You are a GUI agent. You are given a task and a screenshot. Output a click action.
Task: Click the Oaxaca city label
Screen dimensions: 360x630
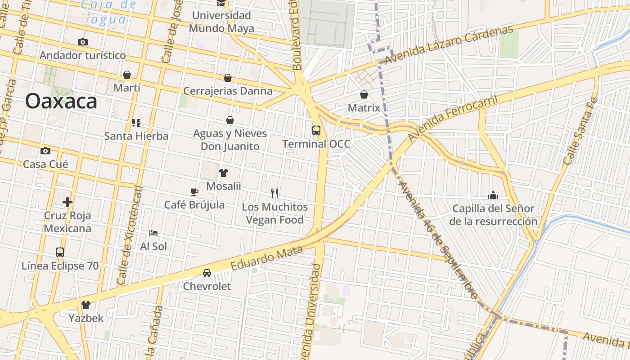click(61, 101)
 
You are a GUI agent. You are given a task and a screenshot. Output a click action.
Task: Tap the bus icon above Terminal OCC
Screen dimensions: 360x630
click(316, 130)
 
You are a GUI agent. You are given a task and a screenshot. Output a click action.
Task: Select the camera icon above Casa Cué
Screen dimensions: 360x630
click(45, 151)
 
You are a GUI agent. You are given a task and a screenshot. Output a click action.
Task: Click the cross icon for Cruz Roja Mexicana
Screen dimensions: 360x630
click(67, 202)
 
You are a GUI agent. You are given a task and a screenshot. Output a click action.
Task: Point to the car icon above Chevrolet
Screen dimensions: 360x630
click(207, 273)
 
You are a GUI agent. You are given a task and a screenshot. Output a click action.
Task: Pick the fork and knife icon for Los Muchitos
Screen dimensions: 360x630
click(274, 193)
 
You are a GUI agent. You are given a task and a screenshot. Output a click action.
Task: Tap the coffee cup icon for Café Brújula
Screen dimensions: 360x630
click(194, 192)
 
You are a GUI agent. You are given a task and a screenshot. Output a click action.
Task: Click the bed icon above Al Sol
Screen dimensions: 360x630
click(153, 233)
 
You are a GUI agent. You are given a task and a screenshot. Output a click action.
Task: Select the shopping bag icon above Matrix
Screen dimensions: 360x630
click(364, 94)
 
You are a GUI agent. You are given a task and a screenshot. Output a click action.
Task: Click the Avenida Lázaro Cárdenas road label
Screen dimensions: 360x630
click(449, 45)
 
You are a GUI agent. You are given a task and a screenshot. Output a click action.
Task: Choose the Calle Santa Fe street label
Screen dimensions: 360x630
click(581, 131)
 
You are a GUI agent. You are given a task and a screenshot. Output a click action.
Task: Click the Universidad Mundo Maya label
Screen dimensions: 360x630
click(221, 22)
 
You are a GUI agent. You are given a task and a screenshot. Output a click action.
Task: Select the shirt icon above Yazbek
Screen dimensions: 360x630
click(86, 305)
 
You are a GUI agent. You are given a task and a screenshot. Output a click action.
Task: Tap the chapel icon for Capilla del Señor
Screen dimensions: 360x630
click(493, 195)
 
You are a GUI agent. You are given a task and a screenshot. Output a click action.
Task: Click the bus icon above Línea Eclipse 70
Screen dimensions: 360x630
click(60, 252)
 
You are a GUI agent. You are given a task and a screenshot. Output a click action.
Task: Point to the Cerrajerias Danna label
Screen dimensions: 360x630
click(228, 91)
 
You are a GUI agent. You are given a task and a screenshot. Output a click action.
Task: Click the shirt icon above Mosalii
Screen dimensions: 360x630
click(224, 173)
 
